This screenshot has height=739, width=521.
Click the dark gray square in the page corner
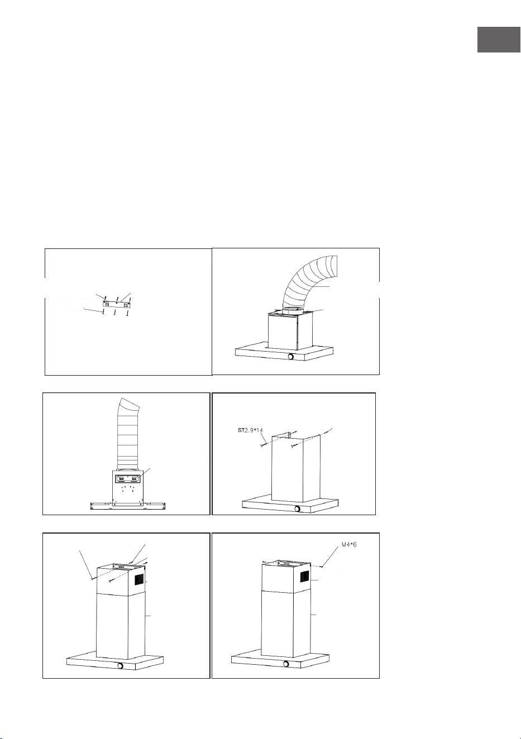[x=499, y=40]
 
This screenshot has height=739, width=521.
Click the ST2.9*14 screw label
[x=250, y=430]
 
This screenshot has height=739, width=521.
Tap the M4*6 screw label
[x=348, y=544]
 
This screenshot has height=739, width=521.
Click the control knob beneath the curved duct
[x=291, y=357]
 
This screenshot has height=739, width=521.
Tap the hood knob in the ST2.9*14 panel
[x=297, y=508]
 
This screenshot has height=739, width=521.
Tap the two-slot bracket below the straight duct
[x=127, y=478]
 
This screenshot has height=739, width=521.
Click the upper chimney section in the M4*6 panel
[x=285, y=577]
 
